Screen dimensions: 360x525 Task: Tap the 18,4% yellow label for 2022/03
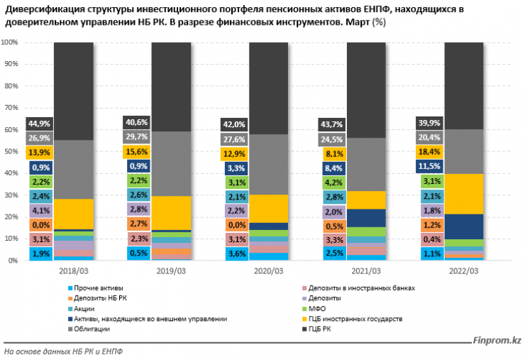click(429, 152)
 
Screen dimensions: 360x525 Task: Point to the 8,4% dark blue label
click(333, 168)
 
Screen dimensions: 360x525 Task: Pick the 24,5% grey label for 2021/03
click(333, 138)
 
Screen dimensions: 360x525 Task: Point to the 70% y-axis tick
click(10, 108)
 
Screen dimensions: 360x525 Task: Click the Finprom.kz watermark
click(497, 341)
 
